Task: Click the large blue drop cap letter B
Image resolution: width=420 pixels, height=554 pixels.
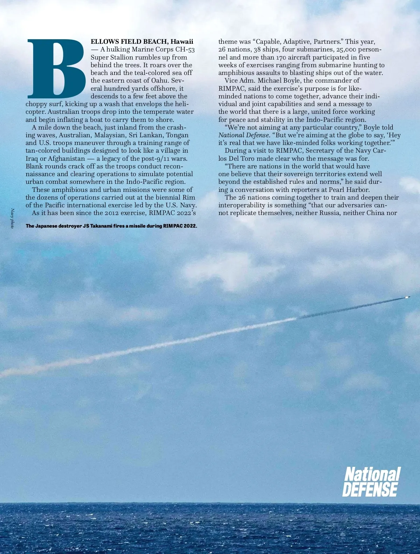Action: [56, 68]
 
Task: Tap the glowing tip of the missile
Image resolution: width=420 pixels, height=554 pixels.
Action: [407, 297]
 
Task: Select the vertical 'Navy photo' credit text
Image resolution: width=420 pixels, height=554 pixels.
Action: [12, 219]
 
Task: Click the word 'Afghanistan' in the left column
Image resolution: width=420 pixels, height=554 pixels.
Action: [67, 158]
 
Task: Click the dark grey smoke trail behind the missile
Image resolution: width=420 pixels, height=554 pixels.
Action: [350, 308]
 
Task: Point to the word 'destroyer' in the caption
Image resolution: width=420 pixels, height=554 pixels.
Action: [67, 226]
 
